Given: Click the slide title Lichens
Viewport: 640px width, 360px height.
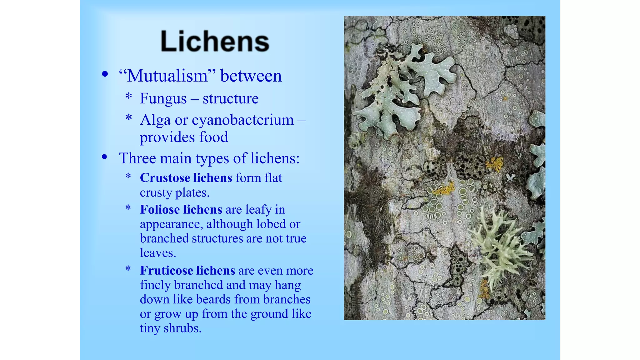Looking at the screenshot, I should pos(215,41).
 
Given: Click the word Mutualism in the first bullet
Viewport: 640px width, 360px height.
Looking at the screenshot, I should pos(167,76).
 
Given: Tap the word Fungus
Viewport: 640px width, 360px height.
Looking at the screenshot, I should pos(163,99).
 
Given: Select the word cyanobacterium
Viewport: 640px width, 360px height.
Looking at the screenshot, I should pos(242,120).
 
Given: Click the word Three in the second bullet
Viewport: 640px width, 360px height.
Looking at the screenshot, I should pos(137,158).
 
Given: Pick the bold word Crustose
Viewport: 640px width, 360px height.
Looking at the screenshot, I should pos(165,178).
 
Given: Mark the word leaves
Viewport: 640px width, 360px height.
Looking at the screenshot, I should pos(158,253).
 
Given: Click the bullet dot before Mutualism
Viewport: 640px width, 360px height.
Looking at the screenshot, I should pos(105,74).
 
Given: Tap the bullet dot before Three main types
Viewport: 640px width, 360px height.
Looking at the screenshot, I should pos(105,157).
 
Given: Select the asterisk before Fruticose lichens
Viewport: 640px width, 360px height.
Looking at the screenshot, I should pos(128,269).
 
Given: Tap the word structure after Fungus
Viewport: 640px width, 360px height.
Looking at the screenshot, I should pos(231,99).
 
